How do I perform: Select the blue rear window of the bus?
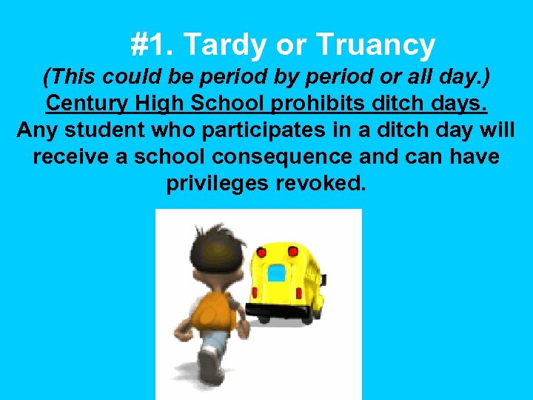(276, 273)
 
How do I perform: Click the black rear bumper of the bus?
(280, 307)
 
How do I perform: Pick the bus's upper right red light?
(294, 253)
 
